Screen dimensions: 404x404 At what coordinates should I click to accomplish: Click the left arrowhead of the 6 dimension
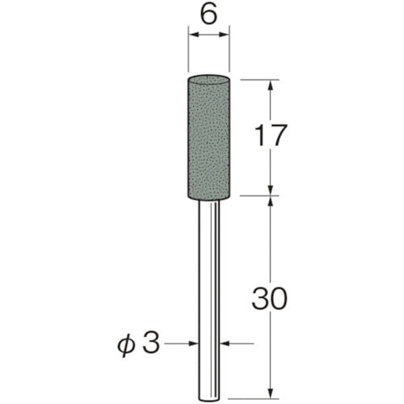pos(191,35)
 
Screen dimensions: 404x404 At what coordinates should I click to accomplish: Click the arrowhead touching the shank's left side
pos(196,345)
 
